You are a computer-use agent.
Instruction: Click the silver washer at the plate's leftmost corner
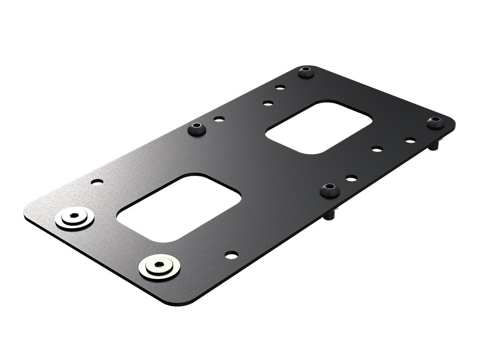coord(75,218)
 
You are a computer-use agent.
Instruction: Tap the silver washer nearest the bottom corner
coord(159,267)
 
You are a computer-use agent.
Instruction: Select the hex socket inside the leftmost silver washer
coord(74,216)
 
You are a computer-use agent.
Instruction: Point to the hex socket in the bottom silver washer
coord(159,264)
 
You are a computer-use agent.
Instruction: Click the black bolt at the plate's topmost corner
coord(306,72)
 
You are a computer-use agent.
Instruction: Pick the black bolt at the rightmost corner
coord(435,122)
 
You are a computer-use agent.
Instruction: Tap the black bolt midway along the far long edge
coord(197,128)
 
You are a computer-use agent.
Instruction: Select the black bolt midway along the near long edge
coord(330,190)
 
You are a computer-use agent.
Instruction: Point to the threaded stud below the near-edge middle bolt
coord(330,215)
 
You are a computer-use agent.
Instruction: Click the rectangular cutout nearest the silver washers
coord(179,208)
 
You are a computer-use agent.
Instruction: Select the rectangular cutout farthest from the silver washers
coord(319,127)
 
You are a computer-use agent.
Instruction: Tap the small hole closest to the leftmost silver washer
coord(97,182)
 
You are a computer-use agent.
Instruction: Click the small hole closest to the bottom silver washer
coord(231,255)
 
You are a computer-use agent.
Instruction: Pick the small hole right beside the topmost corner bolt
coord(280,87)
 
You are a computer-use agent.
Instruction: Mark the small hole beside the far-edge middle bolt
coord(219,119)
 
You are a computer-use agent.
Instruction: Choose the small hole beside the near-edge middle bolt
coord(351,178)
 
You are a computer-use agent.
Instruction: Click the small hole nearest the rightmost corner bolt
coord(411,140)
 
